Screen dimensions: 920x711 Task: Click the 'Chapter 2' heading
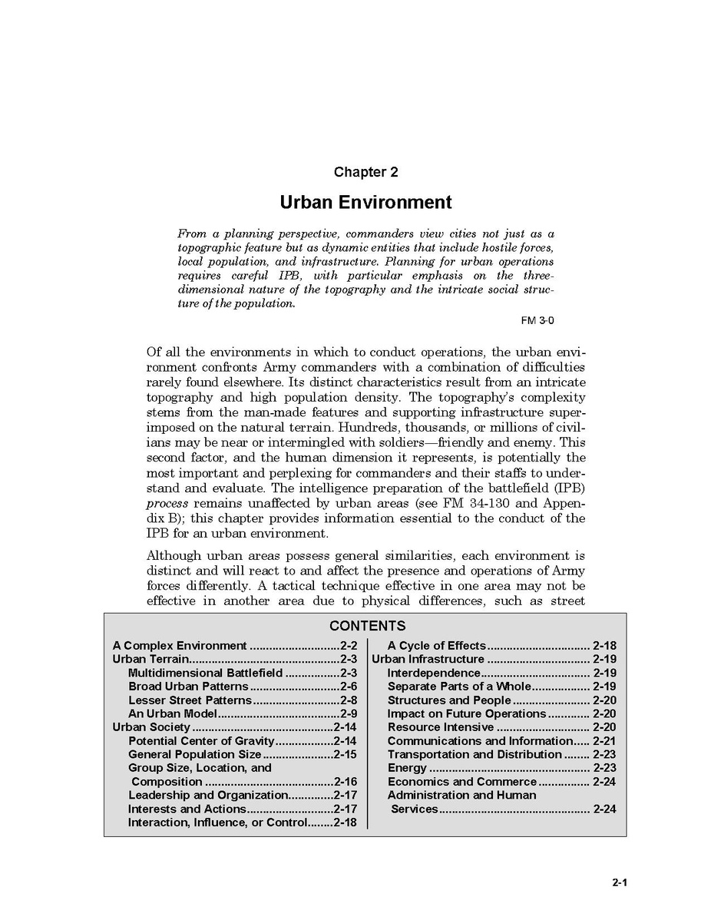pyautogui.click(x=365, y=173)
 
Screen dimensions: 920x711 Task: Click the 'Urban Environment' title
pyautogui.click(x=365, y=203)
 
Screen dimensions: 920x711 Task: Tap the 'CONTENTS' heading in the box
pyautogui.click(x=367, y=626)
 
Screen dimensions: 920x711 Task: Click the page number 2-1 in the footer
pyautogui.click(x=620, y=882)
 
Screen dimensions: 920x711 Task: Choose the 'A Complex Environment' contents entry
pyautogui.click(x=180, y=646)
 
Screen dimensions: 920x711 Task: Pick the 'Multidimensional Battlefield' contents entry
pyautogui.click(x=206, y=673)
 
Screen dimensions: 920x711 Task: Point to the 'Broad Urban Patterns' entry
pyautogui.click(x=188, y=687)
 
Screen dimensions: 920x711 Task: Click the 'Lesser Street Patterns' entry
pyautogui.click(x=190, y=700)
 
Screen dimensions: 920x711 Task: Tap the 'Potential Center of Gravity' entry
pyautogui.click(x=201, y=741)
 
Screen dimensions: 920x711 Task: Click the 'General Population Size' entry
pyautogui.click(x=195, y=755)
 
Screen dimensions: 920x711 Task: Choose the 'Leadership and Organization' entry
pyautogui.click(x=207, y=796)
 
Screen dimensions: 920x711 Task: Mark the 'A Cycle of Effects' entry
pyautogui.click(x=436, y=646)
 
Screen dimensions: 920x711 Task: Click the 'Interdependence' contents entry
pyautogui.click(x=433, y=673)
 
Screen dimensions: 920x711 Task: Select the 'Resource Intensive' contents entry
pyautogui.click(x=440, y=727)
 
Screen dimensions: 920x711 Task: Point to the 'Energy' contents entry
pyautogui.click(x=407, y=768)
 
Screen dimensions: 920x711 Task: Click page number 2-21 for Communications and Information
pyautogui.click(x=604, y=741)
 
